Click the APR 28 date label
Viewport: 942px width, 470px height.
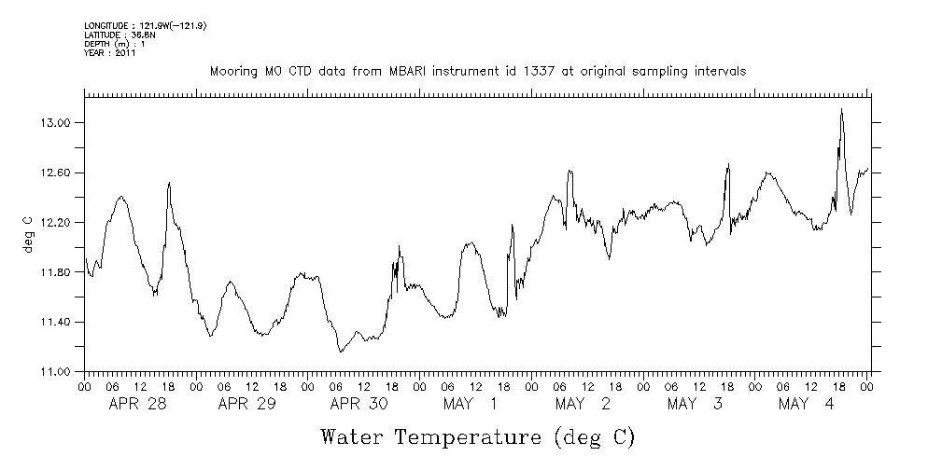tap(135, 404)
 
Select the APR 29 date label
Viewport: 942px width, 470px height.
tap(247, 404)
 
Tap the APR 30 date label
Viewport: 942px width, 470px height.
tap(359, 404)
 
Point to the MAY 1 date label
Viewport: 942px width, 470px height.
tap(471, 404)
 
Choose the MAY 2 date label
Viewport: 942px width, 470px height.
tap(583, 404)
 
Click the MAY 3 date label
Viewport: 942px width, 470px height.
tap(696, 404)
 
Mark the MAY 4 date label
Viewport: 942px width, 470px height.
tap(808, 404)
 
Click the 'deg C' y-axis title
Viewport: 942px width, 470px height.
tap(27, 233)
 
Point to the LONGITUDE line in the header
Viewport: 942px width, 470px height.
tap(145, 26)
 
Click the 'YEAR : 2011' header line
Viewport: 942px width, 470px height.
tap(109, 52)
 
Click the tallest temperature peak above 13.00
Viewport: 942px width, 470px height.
tap(841, 109)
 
